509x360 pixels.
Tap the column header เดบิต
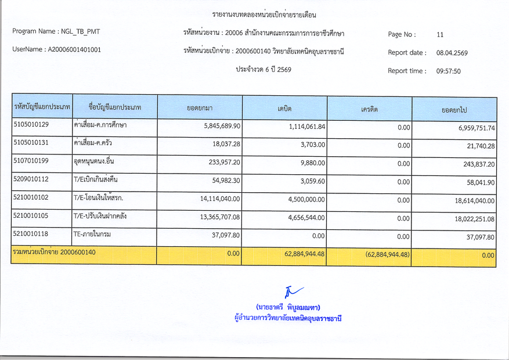click(x=284, y=109)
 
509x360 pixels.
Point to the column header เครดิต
click(x=370, y=110)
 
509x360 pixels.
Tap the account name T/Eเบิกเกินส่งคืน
click(x=96, y=180)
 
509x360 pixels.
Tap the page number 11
click(x=440, y=34)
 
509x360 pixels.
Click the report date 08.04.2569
click(x=452, y=53)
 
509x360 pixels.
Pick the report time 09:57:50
click(x=448, y=71)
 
